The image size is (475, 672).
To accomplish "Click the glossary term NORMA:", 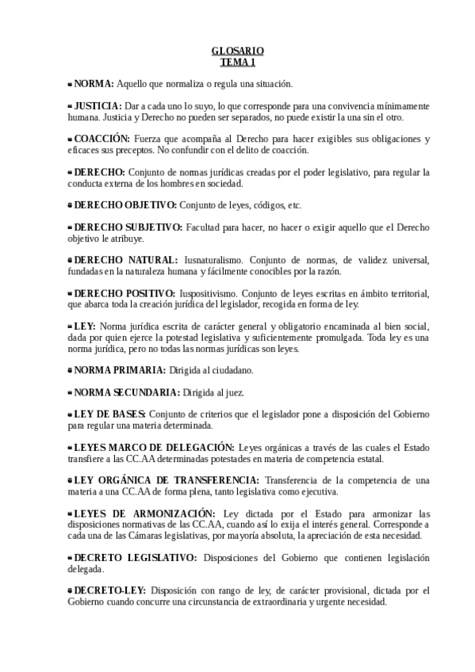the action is tap(94, 83).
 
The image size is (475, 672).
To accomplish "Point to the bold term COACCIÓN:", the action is tap(102, 139).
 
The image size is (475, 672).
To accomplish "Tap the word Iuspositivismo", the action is tap(212, 293).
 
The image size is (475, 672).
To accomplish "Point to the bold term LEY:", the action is tap(85, 326).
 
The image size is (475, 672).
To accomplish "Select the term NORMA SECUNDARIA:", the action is tap(127, 392).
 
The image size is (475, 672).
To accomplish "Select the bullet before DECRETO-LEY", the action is tap(70, 590).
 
